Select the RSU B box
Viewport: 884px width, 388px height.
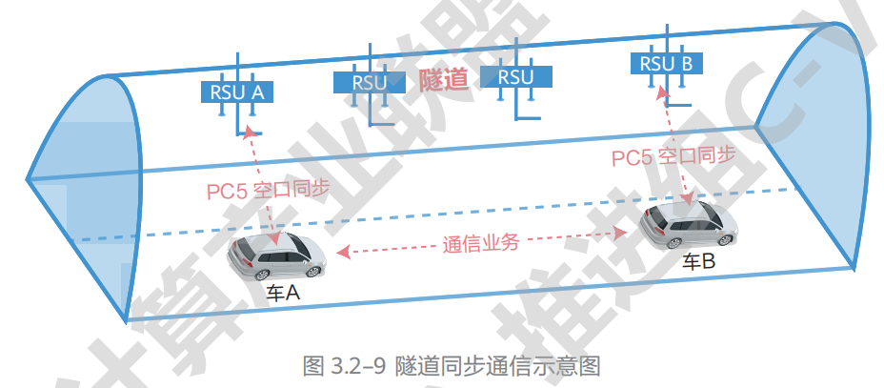pos(666,64)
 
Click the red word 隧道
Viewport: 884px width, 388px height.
pos(443,80)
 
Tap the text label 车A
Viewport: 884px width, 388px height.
pos(283,295)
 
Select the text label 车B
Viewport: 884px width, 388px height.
pos(698,262)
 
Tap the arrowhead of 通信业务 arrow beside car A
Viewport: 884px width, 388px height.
pos(344,253)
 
